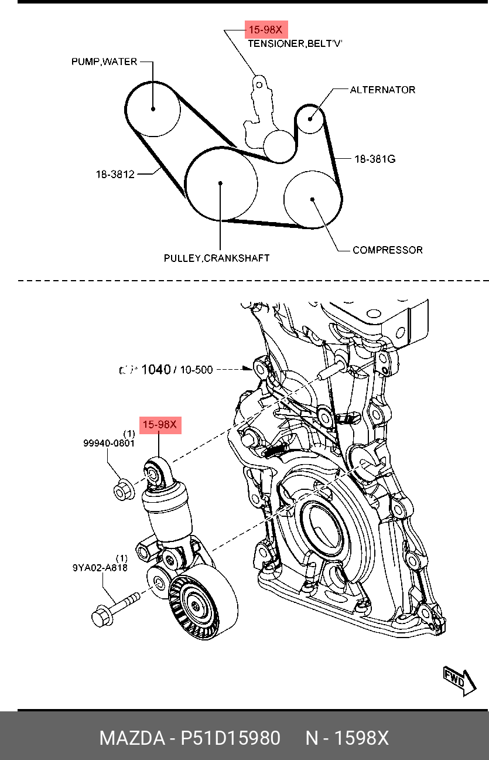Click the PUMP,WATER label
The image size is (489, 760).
coord(104,62)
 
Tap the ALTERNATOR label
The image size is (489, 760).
coord(382,90)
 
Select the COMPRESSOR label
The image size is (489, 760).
coord(387,250)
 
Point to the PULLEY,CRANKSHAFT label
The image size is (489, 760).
coord(217,258)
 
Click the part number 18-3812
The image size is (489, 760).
coord(115,174)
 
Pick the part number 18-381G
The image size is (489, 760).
coord(375,158)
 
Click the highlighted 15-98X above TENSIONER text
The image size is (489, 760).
coord(266,29)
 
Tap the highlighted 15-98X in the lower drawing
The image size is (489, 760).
coord(160,424)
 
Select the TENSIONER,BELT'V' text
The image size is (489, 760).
coord(295,43)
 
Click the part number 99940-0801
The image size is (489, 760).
coord(109,444)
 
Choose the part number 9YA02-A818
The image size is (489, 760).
coord(100,567)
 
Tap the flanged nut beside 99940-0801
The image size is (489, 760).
coord(122,490)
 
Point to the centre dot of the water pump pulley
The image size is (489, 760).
coord(152,108)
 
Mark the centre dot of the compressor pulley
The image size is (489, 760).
coord(313,199)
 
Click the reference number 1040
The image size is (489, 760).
coord(156,370)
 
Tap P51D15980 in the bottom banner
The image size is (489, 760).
coord(230,738)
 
